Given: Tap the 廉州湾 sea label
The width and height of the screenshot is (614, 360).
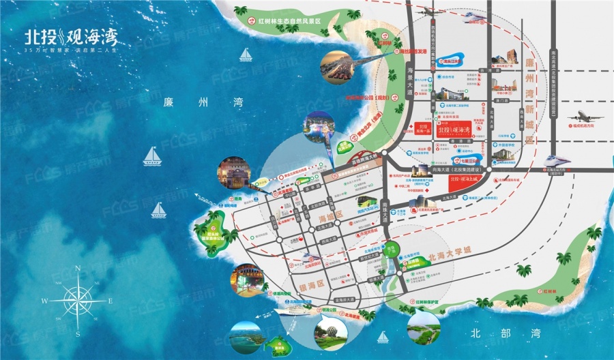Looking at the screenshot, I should tap(194, 104).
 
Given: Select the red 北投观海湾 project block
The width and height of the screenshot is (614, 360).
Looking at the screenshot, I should tap(455, 130).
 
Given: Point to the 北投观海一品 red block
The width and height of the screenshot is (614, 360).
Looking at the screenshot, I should tap(423, 130).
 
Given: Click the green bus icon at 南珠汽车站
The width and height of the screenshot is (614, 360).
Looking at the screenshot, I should tap(365, 202).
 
